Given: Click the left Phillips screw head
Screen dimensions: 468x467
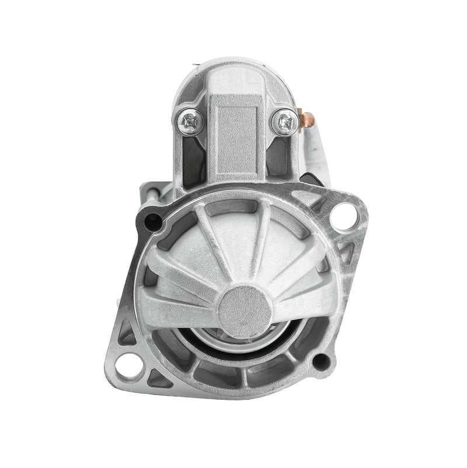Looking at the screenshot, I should (x=190, y=122).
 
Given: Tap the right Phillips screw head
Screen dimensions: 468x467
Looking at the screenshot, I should (x=285, y=122).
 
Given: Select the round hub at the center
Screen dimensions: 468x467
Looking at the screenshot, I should (x=245, y=311).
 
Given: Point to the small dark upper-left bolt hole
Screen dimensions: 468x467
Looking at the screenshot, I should (x=153, y=220).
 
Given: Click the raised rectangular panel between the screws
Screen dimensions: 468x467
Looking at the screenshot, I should (x=236, y=140).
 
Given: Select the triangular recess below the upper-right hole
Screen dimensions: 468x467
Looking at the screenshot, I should (x=346, y=252).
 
